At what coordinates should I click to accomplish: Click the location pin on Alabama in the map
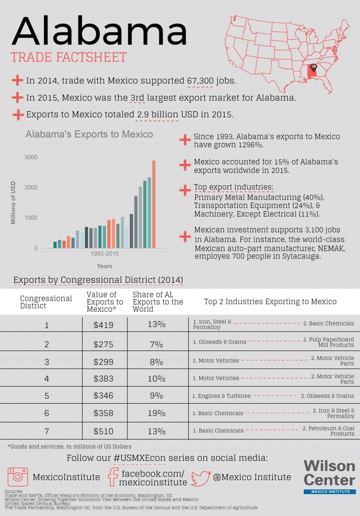pyautogui.click(x=314, y=68)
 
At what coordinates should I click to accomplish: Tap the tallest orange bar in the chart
pyautogui.click(x=154, y=204)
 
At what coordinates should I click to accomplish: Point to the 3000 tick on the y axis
pyautogui.click(x=31, y=157)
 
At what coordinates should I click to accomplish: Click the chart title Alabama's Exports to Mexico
pyautogui.click(x=89, y=134)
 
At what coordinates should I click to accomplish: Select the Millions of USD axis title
pyautogui.click(x=13, y=203)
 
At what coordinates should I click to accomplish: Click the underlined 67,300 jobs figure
pyautogui.click(x=201, y=81)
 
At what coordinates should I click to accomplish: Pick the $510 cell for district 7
pyautogui.click(x=103, y=431)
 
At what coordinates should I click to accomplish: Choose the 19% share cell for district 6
pyautogui.click(x=157, y=413)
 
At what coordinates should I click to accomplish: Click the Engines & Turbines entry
pyautogui.click(x=221, y=396)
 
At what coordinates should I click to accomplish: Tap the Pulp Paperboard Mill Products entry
pyautogui.click(x=328, y=342)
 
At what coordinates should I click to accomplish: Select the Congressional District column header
pyautogui.click(x=46, y=302)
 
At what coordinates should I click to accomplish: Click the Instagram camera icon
pyautogui.click(x=18, y=477)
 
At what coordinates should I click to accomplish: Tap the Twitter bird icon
pyautogui.click(x=201, y=478)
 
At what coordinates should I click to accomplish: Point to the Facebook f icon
pyautogui.click(x=113, y=477)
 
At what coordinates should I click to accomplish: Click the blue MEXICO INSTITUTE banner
pyautogui.click(x=330, y=492)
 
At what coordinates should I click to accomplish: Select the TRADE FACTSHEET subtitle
pyautogui.click(x=68, y=57)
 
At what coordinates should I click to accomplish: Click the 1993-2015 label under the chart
pyautogui.click(x=104, y=253)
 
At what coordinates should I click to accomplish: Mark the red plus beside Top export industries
pyautogui.click(x=185, y=190)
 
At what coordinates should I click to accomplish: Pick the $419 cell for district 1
pyautogui.click(x=103, y=325)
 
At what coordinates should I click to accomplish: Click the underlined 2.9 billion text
pyautogui.click(x=158, y=115)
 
